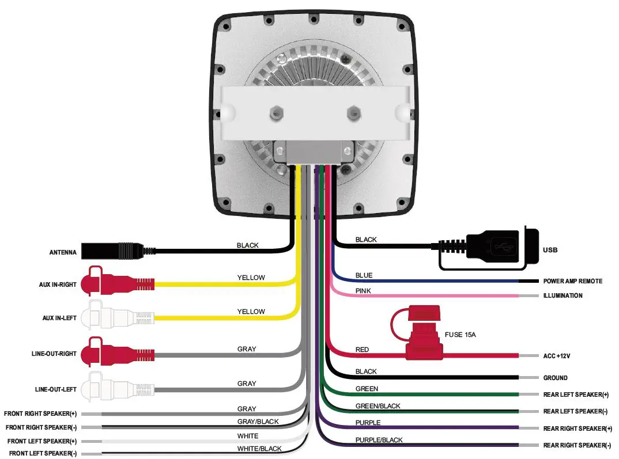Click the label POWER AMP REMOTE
(572, 281)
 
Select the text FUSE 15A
(464, 334)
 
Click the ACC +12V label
(556, 356)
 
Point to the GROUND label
(555, 378)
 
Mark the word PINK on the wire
(363, 291)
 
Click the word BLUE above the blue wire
(364, 275)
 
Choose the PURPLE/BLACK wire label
(379, 440)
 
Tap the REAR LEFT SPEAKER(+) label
(576, 394)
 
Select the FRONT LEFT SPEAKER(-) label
(43, 453)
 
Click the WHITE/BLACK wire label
(259, 449)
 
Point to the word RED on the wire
(362, 350)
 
